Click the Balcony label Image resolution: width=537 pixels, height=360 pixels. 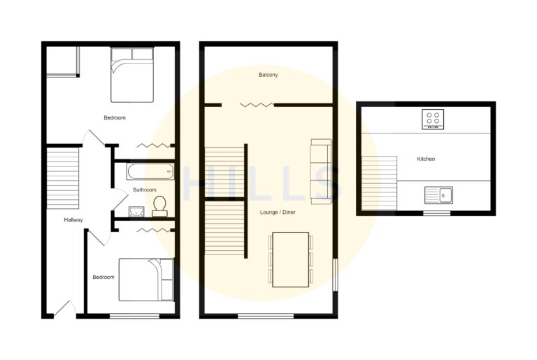click(268, 74)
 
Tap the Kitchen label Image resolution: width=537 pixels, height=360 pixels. click(426, 159)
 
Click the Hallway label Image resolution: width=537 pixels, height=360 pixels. click(73, 219)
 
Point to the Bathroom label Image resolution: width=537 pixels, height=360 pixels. click(145, 189)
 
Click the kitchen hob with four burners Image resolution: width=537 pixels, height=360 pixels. click(434, 120)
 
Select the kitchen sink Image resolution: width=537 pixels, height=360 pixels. click(438, 194)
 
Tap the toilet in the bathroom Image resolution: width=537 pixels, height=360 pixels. click(159, 206)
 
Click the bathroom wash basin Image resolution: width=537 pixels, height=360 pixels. click(137, 211)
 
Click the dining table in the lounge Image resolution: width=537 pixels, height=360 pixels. click(290, 259)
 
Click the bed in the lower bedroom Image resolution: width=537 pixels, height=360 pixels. click(145, 280)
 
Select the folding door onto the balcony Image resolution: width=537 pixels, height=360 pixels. click(257, 105)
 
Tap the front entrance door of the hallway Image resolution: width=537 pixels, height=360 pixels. click(64, 308)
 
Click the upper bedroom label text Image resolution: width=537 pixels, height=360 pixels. click(115, 117)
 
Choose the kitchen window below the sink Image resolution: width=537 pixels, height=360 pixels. click(437, 213)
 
